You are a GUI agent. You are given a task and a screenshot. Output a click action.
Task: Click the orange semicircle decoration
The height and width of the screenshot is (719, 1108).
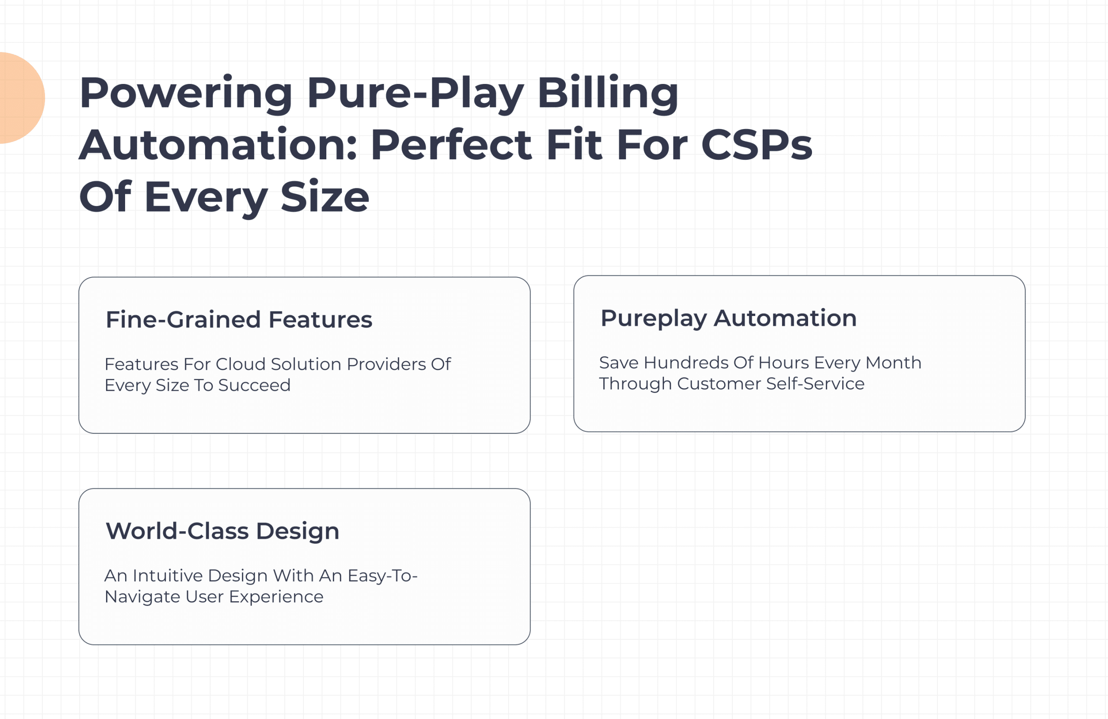tap(21, 98)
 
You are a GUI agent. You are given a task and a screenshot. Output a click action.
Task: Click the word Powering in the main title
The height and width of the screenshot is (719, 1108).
tap(186, 93)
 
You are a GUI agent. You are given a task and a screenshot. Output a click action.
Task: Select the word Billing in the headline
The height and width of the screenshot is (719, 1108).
tap(608, 93)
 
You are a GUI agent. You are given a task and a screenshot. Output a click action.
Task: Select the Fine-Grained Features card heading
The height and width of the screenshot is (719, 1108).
tap(239, 319)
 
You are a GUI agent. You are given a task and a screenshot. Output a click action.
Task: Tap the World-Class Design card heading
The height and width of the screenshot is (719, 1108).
tap(222, 531)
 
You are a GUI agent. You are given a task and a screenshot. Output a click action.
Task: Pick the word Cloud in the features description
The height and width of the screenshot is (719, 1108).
tap(241, 364)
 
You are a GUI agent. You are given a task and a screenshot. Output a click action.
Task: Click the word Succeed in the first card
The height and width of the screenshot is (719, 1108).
tap(254, 385)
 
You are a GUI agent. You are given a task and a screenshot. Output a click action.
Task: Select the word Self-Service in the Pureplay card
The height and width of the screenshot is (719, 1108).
tap(815, 384)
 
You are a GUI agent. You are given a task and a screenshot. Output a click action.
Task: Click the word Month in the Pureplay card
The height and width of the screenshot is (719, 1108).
tap(893, 363)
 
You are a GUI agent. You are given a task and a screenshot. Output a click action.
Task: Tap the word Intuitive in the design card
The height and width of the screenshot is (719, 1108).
tap(167, 576)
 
